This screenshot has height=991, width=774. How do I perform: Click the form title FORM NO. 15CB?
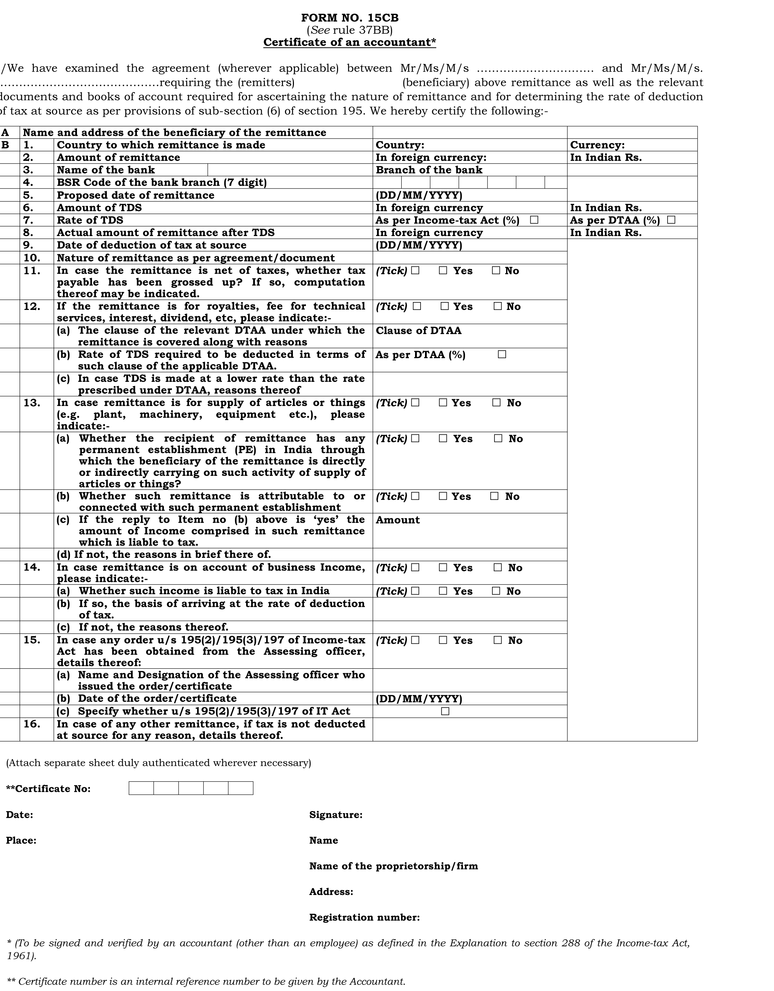coord(350,18)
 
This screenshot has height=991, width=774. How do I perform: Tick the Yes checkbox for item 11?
coord(443,271)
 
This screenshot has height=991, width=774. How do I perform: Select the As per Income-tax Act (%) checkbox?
coord(534,220)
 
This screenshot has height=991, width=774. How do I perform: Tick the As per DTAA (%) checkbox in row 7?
coord(671,220)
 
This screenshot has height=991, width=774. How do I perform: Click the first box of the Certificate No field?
coord(141,788)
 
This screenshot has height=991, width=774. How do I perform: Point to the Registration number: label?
coord(364,917)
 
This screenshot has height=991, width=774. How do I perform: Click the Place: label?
coord(21,840)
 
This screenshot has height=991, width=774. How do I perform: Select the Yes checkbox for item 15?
coord(443,640)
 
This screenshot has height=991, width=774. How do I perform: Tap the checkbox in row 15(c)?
coord(445,711)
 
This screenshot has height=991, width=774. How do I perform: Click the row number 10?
coord(32,258)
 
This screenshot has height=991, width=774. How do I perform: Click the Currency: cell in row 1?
coord(597,145)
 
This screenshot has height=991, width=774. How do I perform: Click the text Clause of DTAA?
coord(418,330)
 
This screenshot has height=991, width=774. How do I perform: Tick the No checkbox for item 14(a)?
coord(496,591)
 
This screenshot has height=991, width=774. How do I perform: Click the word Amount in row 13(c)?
coord(397,520)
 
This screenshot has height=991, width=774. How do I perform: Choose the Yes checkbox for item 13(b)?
coord(443,496)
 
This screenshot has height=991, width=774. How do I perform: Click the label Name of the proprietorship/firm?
coord(393,866)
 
